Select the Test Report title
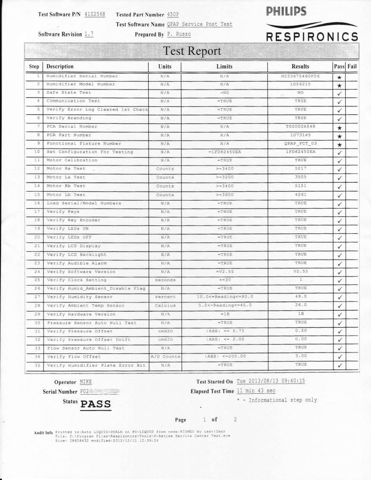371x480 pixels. point(191,51)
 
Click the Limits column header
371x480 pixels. point(224,67)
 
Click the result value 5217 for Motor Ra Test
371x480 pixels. point(300,169)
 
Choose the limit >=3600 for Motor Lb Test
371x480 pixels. point(224,195)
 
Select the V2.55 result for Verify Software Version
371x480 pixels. point(300,271)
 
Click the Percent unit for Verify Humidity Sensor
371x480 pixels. point(165,297)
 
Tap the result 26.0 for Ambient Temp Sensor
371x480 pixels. point(300,305)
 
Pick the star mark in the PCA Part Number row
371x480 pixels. point(339,135)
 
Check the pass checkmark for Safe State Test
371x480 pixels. point(339,93)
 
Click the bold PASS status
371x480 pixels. point(96,404)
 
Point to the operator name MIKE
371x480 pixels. point(86,382)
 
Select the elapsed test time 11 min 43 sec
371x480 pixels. point(256,391)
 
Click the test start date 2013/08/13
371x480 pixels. point(263,382)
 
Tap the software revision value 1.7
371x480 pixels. point(89,34)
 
